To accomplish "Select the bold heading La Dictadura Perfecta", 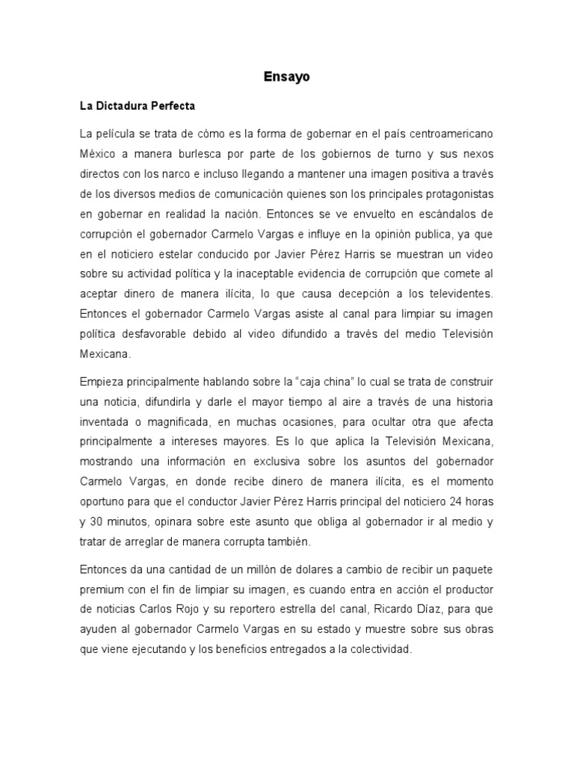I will coord(138,106).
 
